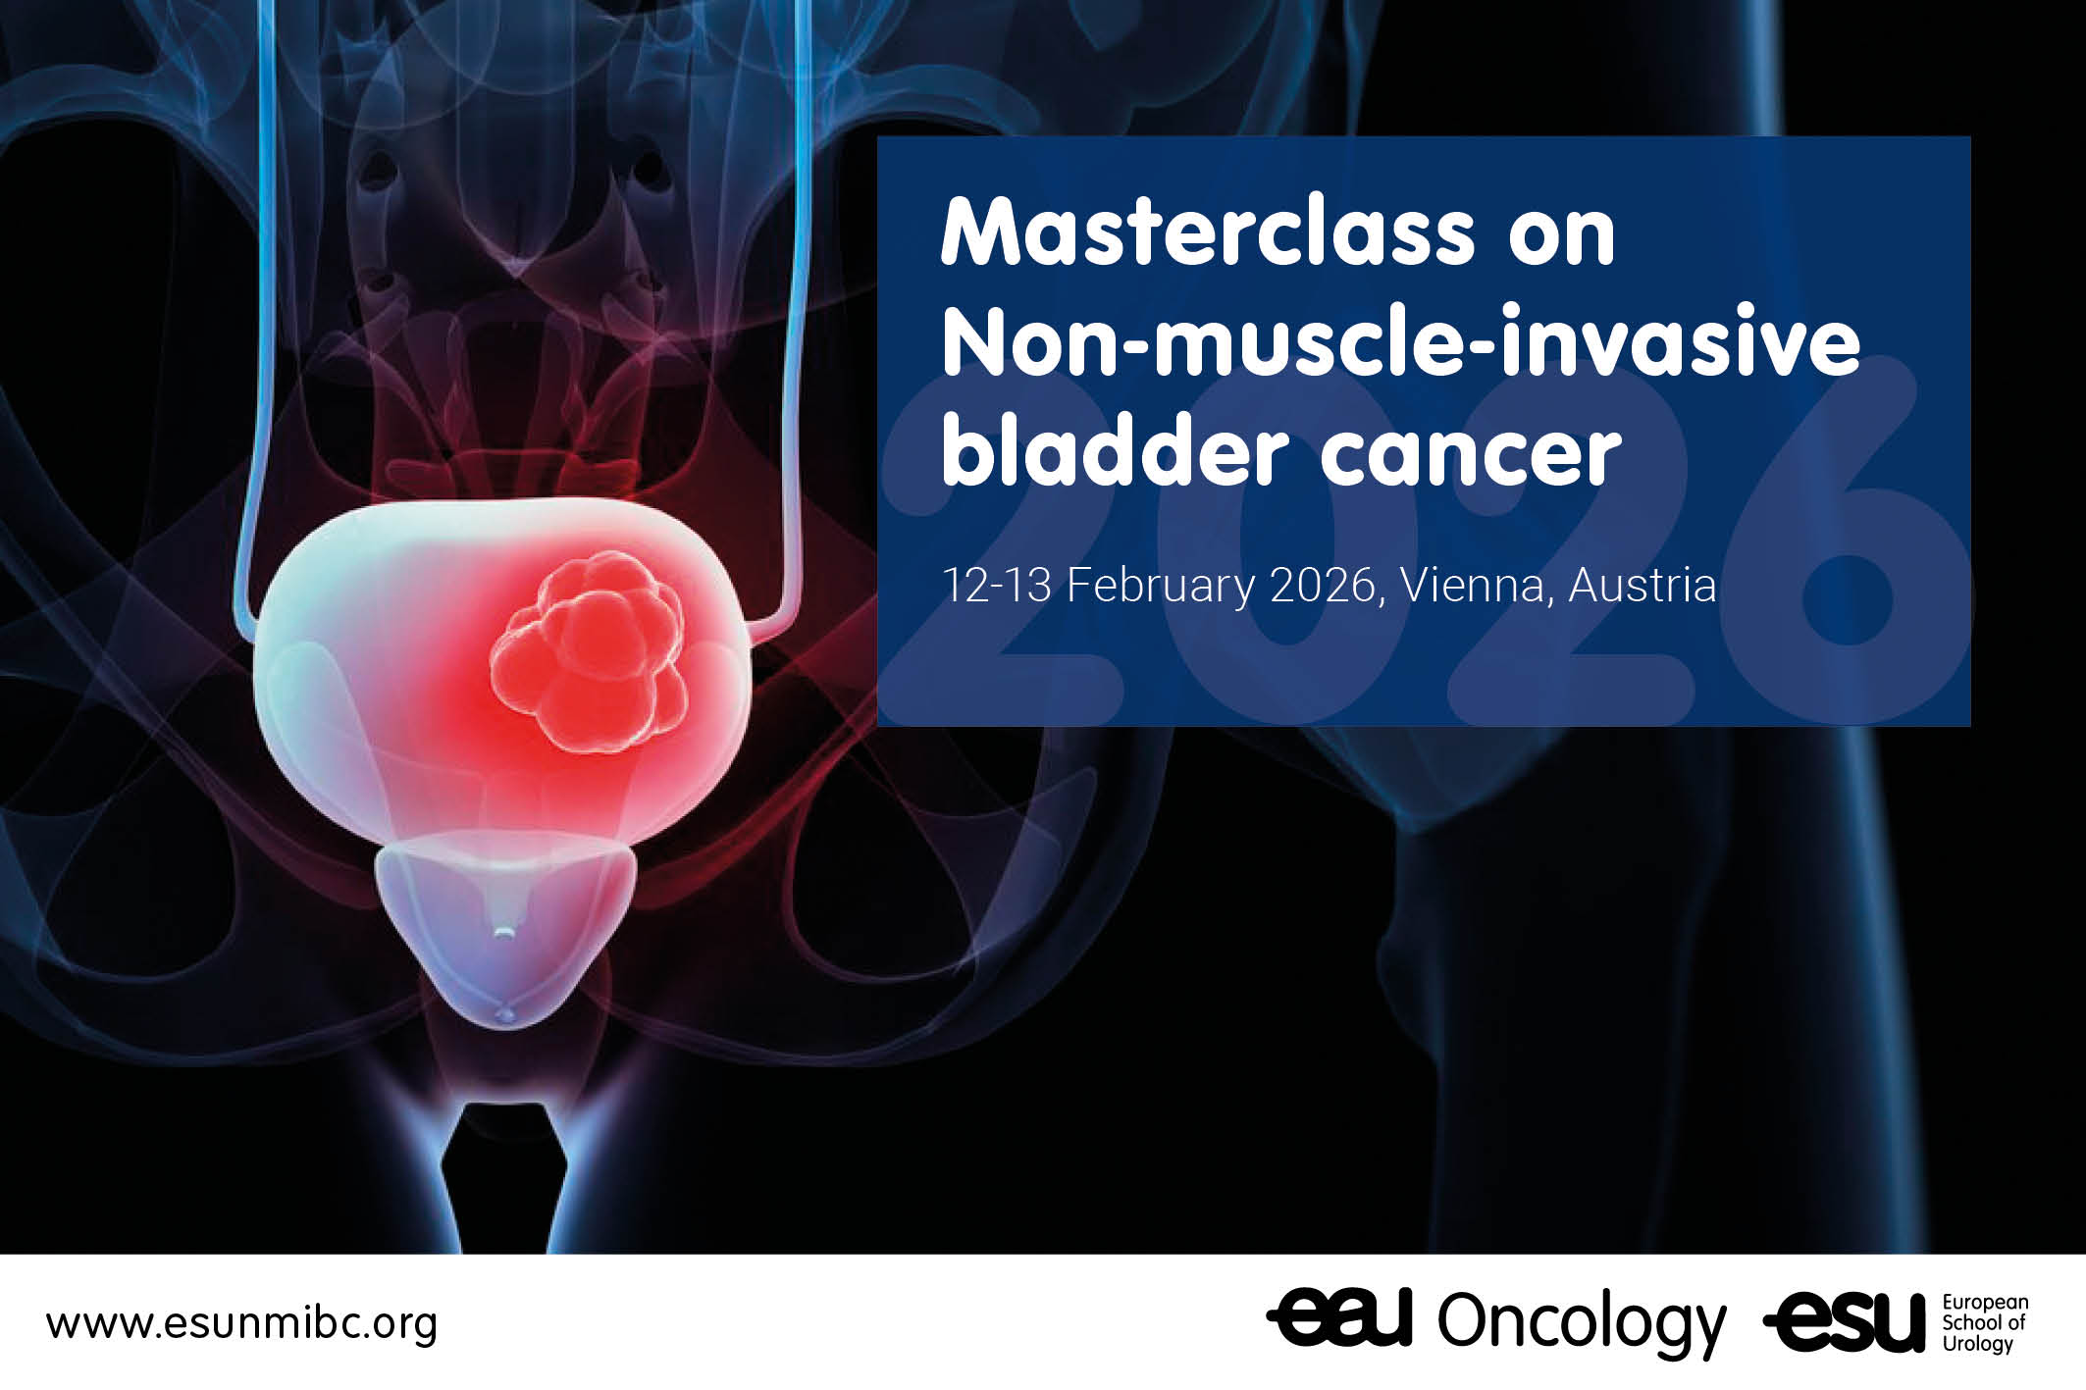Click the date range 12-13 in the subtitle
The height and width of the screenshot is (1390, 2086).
pos(997,586)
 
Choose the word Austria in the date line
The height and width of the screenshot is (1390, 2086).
pos(1643,586)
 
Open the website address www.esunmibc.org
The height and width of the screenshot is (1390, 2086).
pos(241,1324)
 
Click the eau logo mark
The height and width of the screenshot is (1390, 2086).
pos(1339,1318)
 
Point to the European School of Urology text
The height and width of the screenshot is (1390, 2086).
pos(1984,1322)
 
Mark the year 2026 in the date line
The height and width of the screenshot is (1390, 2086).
pos(1323,586)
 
